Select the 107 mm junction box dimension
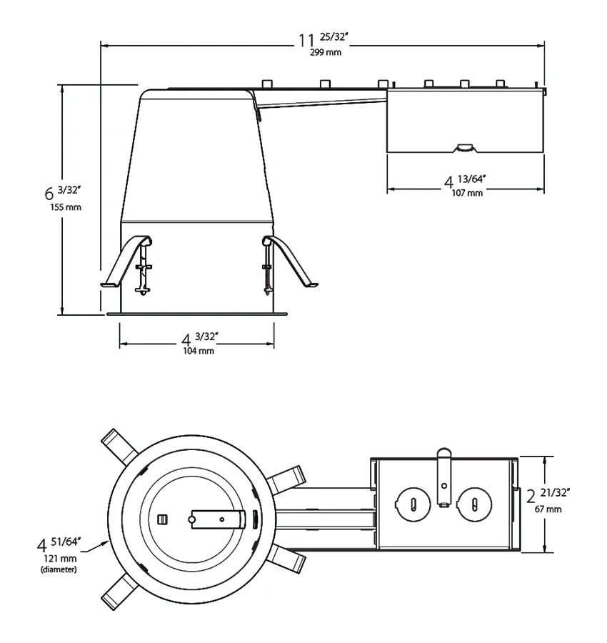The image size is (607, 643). (x=466, y=193)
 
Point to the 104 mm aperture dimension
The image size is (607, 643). (x=198, y=351)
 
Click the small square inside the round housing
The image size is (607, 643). (x=162, y=517)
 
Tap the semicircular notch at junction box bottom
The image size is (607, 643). (x=465, y=147)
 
